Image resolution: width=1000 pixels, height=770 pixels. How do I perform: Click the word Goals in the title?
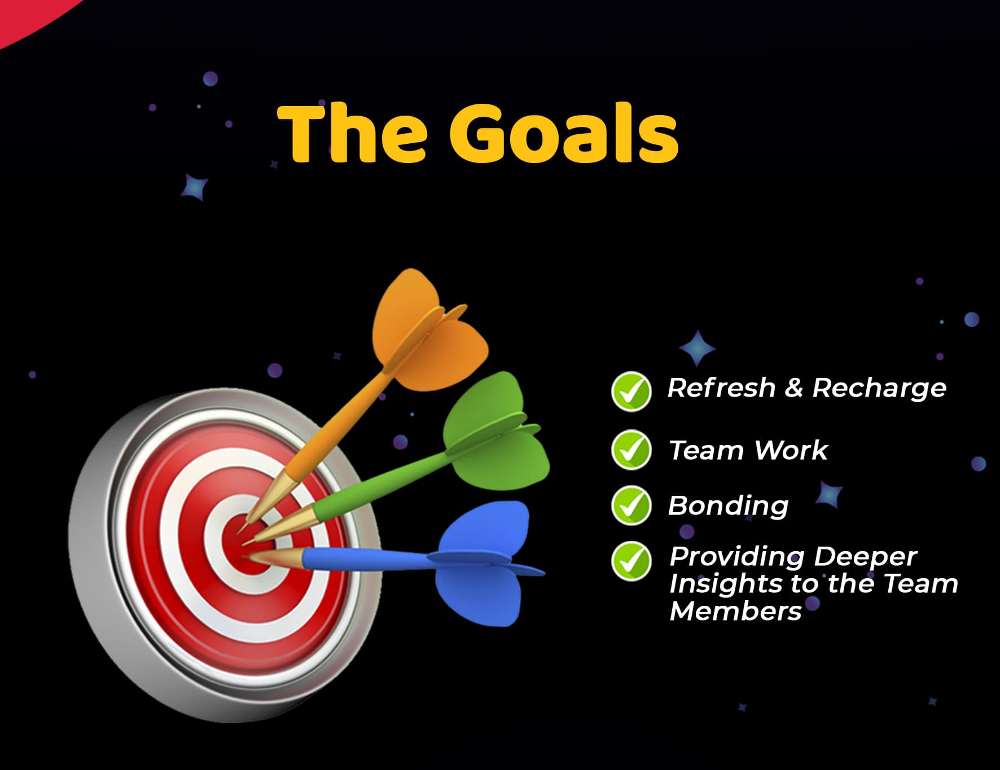coord(564,134)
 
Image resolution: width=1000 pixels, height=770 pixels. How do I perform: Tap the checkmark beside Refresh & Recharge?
coord(631,391)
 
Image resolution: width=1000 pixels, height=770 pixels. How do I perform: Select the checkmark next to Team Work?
coord(631,450)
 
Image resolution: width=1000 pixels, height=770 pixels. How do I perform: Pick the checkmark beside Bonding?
coord(631,505)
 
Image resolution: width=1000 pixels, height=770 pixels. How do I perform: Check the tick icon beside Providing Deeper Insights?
coord(631,561)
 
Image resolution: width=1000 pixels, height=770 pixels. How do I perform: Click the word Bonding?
coord(729,506)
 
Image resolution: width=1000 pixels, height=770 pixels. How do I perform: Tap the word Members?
coord(735,610)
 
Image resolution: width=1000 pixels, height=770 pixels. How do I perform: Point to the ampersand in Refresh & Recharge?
coord(793,388)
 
